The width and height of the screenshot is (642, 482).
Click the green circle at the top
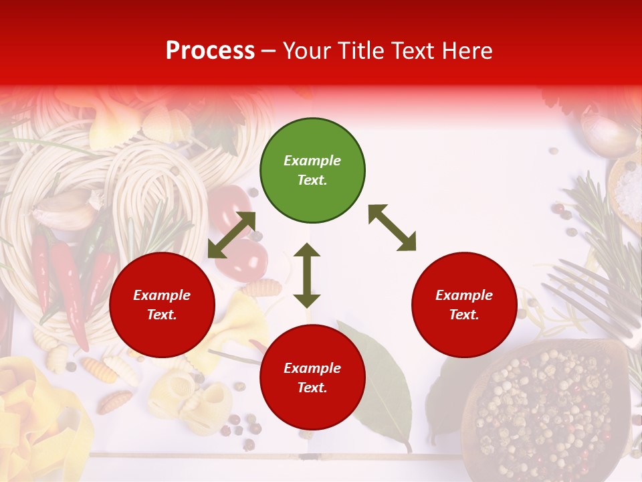[x=312, y=170]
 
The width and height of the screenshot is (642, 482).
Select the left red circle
[x=162, y=305]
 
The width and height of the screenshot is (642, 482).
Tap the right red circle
[x=464, y=305]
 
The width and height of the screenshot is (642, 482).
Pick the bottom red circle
[x=312, y=378]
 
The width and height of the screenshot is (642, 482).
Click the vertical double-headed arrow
[x=307, y=275]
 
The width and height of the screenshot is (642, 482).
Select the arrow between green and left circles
[x=231, y=234]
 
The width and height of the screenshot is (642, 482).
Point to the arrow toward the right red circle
[x=392, y=228]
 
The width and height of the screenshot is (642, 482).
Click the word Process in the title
[x=210, y=50]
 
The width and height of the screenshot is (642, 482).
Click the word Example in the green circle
[x=312, y=161]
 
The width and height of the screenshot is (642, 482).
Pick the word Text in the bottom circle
[x=310, y=388]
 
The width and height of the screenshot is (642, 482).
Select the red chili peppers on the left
[x=67, y=281]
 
